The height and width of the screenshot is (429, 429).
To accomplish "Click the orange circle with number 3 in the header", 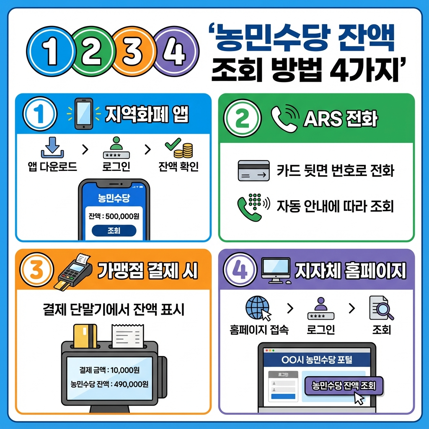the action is coord(133,51).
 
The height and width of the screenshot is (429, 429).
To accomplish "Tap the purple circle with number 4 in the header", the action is coord(175,51).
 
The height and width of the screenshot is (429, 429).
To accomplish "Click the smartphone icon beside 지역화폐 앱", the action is coord(84,114).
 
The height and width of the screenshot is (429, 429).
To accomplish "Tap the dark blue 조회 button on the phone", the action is coord(114,230).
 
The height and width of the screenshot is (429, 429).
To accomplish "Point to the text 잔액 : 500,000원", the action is coord(114,216).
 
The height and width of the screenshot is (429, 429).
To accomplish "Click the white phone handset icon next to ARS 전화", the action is coord(284,119).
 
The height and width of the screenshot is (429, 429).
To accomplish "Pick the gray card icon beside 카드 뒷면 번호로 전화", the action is coord(253,171).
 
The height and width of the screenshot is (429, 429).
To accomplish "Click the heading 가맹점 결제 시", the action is coord(148,271).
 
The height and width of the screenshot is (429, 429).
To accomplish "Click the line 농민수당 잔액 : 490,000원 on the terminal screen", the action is coord(109,384).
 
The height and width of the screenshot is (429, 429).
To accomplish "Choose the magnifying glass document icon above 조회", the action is coord(381,308).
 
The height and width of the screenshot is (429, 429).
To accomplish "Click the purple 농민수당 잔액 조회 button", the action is coord(344,385).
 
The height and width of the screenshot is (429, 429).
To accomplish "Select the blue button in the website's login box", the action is coord(283,396).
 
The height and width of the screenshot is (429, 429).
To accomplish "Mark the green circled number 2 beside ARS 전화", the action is coord(243,118).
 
